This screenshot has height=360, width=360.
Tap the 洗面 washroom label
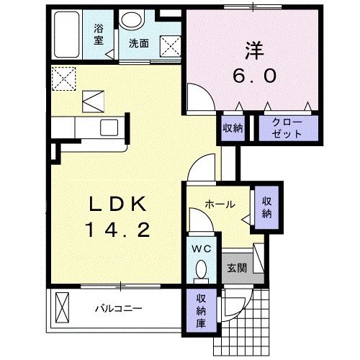[139, 43]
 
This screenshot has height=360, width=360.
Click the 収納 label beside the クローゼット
[233, 128]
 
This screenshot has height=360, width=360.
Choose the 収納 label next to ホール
[266, 207]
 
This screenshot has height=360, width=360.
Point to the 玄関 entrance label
[237, 269]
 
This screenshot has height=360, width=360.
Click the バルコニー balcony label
[119, 309]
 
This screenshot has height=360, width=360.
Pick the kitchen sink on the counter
[110, 127]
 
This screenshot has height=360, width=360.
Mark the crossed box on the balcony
[63, 307]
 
